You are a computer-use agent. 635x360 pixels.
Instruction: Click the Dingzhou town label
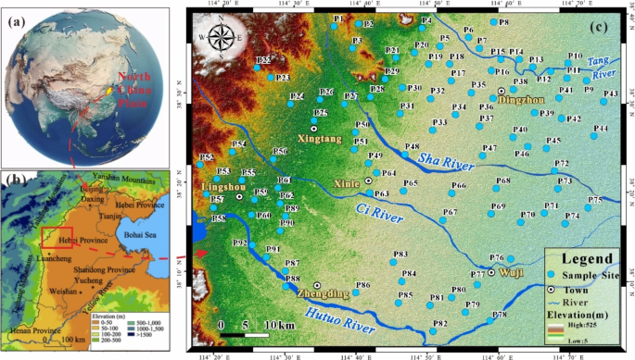[521, 99]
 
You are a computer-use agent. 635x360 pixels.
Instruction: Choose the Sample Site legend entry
[589, 276]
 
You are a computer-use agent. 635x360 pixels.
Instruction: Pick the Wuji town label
[513, 274]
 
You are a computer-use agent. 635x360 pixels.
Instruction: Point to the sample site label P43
[611, 93]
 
